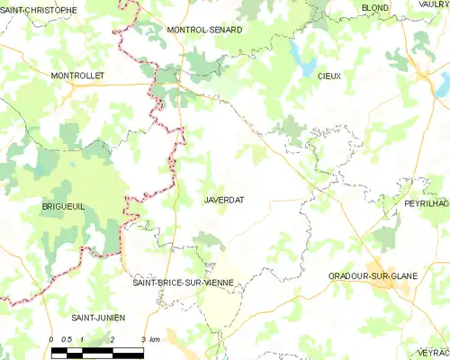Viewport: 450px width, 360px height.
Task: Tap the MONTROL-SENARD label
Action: (204, 30)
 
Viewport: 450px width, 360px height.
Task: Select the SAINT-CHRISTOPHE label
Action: (39, 9)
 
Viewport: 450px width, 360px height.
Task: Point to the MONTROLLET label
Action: (78, 76)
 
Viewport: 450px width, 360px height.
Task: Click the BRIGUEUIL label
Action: (63, 206)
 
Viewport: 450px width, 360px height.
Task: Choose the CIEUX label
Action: (328, 77)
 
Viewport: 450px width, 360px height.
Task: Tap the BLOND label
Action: (374, 7)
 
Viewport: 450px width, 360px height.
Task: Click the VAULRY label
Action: (434, 5)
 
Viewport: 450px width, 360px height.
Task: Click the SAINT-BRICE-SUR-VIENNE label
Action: (183, 283)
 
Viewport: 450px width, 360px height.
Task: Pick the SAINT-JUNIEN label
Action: (98, 318)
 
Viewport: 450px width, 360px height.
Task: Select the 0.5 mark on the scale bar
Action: (67, 339)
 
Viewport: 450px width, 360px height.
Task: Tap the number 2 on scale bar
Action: (112, 339)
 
